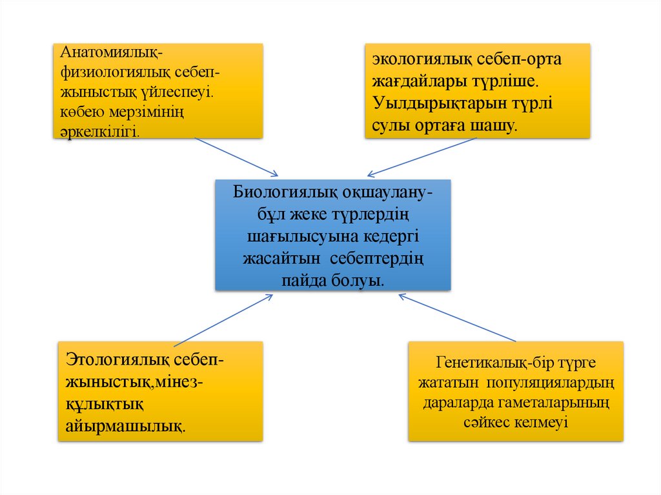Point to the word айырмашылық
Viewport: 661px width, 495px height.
tap(125, 426)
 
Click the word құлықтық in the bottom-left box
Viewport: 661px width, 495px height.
tap(104, 404)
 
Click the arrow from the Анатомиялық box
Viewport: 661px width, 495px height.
tap(236, 156)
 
